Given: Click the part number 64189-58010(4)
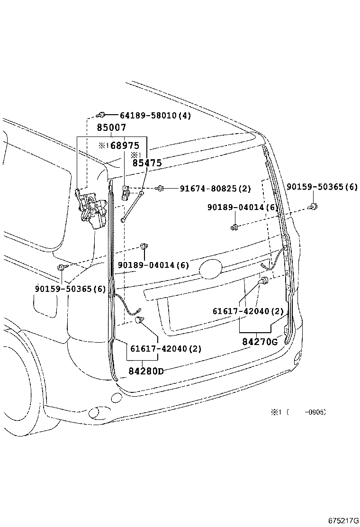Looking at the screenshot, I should [x=155, y=116].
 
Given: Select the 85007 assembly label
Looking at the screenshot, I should [x=111, y=127].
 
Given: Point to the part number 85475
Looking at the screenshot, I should [x=147, y=163].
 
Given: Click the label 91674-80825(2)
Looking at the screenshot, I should [x=215, y=189].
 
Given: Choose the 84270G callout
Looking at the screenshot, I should [x=260, y=341].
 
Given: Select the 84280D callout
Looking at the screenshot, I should [x=145, y=371].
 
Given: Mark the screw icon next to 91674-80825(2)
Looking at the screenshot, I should [x=160, y=189].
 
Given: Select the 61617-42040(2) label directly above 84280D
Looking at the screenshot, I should [x=165, y=349].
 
